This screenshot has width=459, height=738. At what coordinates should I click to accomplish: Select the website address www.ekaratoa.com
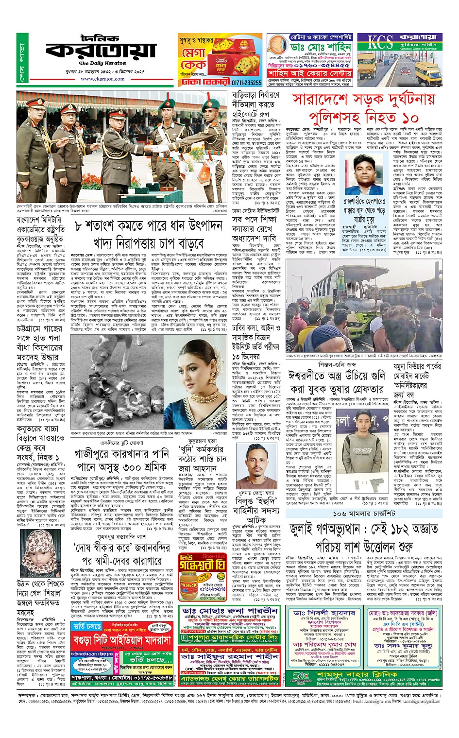(x=102, y=78)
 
